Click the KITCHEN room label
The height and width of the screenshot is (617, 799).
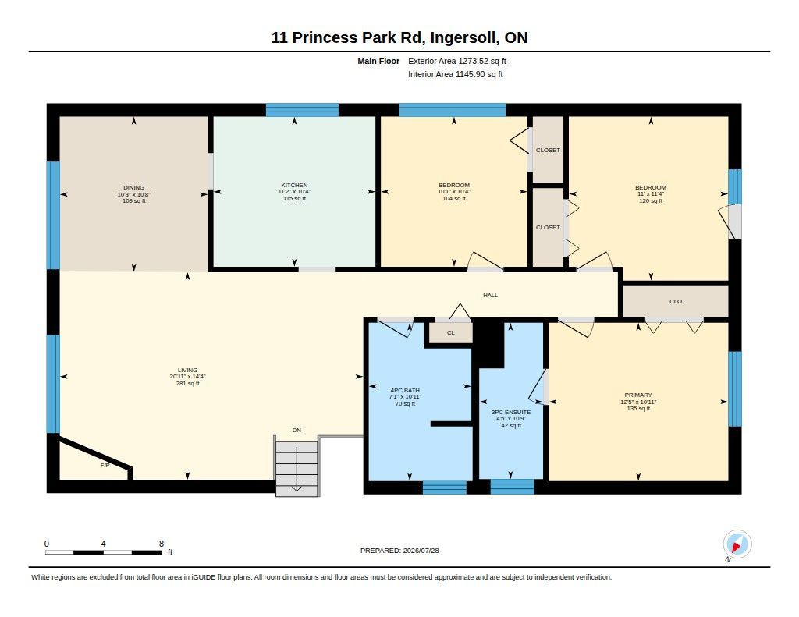tap(294, 185)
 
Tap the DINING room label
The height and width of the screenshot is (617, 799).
tap(133, 187)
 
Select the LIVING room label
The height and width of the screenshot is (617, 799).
tap(187, 370)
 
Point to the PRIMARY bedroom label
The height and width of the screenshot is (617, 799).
tap(638, 395)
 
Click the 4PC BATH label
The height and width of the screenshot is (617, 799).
tap(405, 390)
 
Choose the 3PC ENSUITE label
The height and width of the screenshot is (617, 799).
tap(510, 412)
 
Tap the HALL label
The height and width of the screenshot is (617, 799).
tap(490, 295)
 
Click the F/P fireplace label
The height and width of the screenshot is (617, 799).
tap(105, 465)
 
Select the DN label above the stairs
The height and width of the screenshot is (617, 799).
tap(297, 430)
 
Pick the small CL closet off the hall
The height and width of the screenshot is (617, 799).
tap(450, 333)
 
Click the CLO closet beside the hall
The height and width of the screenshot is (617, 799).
tap(676, 302)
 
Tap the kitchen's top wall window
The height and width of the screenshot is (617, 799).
tap(302, 110)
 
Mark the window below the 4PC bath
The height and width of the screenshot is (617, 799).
tap(444, 487)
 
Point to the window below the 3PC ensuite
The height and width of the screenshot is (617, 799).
tap(512, 487)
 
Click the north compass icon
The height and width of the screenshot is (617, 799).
tap(737, 544)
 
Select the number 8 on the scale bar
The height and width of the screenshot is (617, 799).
tap(162, 544)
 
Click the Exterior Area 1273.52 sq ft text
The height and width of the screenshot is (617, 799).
tap(457, 61)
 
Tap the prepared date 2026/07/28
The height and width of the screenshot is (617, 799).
tap(421, 551)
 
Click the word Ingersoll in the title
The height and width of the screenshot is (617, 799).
tap(463, 37)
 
